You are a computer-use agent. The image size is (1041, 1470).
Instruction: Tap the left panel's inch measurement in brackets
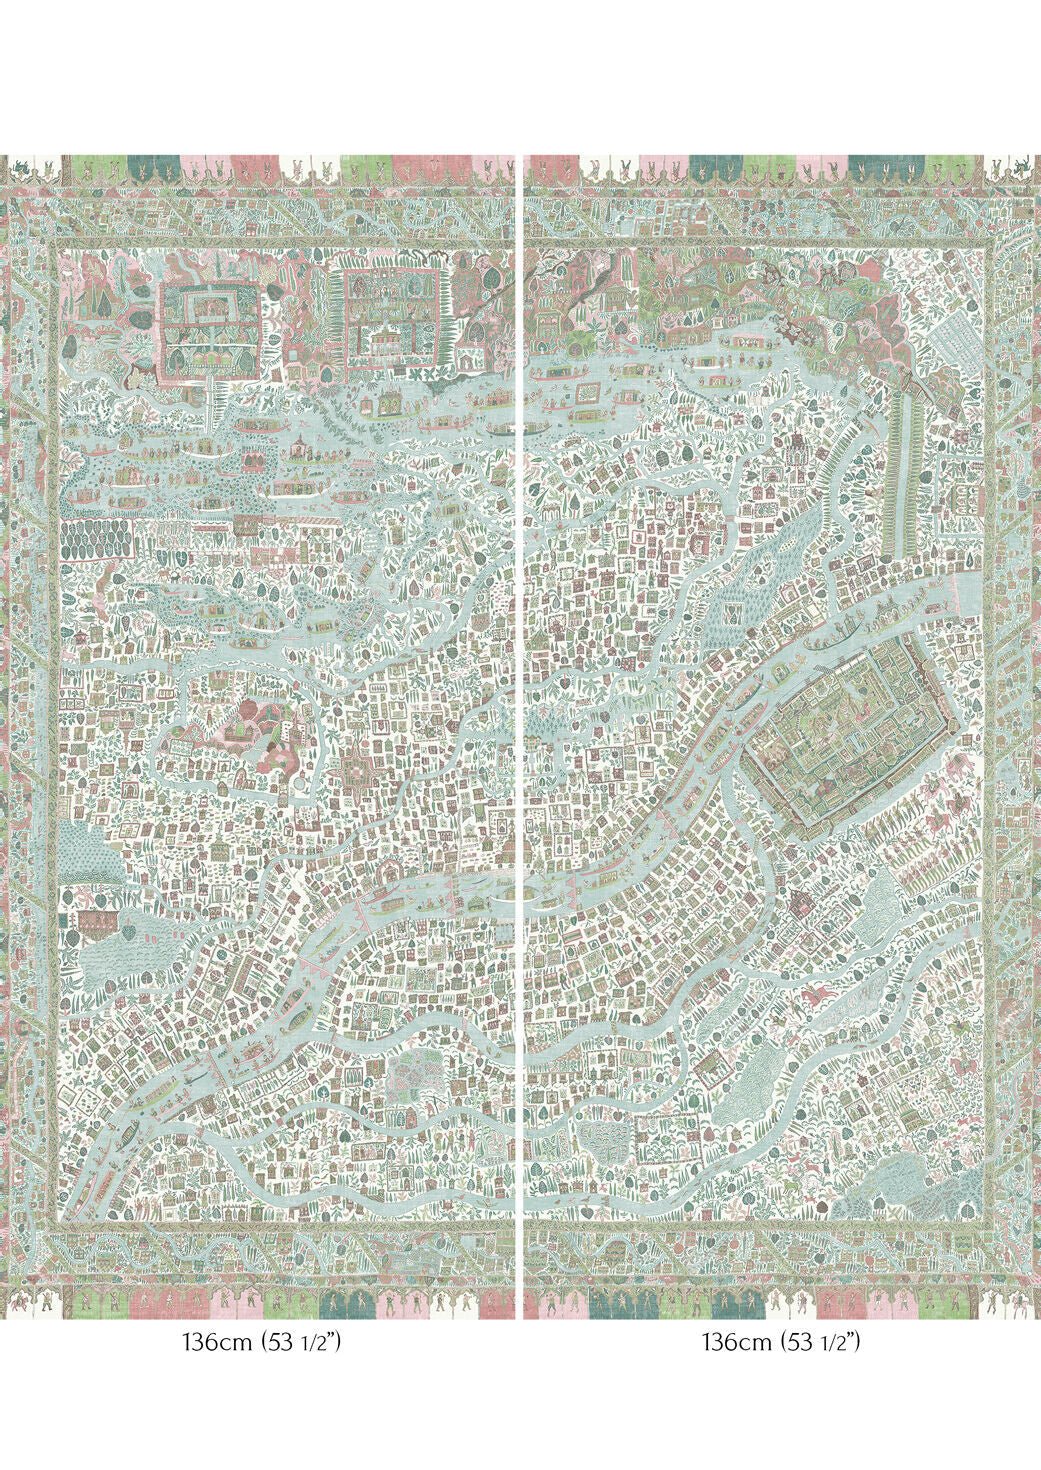point(300,1342)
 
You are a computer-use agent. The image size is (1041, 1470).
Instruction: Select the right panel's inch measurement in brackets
point(820,1342)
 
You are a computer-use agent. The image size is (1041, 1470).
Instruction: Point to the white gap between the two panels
point(520,700)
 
